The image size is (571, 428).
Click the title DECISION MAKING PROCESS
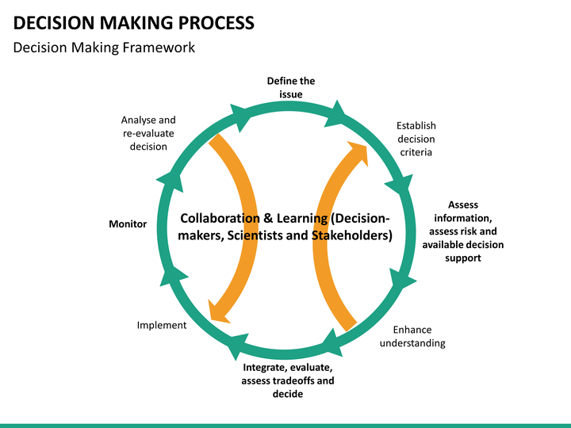click(x=134, y=23)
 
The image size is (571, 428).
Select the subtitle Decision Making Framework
click(x=104, y=48)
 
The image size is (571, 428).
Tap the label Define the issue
click(x=291, y=87)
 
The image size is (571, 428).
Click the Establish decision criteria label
click(x=416, y=139)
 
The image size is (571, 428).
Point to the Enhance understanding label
click(x=412, y=336)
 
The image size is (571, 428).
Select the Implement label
click(x=162, y=325)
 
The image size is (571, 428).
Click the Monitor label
click(x=128, y=224)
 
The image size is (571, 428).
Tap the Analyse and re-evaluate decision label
click(x=148, y=133)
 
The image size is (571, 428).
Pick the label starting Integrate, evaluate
click(x=288, y=380)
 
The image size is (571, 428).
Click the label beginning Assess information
click(x=463, y=231)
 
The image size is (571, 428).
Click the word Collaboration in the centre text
click(x=220, y=218)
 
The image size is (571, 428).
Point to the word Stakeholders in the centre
click(x=352, y=235)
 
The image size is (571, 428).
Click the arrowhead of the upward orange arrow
click(x=358, y=152)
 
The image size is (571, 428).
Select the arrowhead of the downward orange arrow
click(x=218, y=312)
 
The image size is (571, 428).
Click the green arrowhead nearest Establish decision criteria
click(x=400, y=185)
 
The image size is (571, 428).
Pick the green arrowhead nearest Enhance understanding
click(x=333, y=343)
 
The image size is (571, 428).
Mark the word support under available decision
click(x=463, y=258)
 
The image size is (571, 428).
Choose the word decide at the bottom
click(x=288, y=394)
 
